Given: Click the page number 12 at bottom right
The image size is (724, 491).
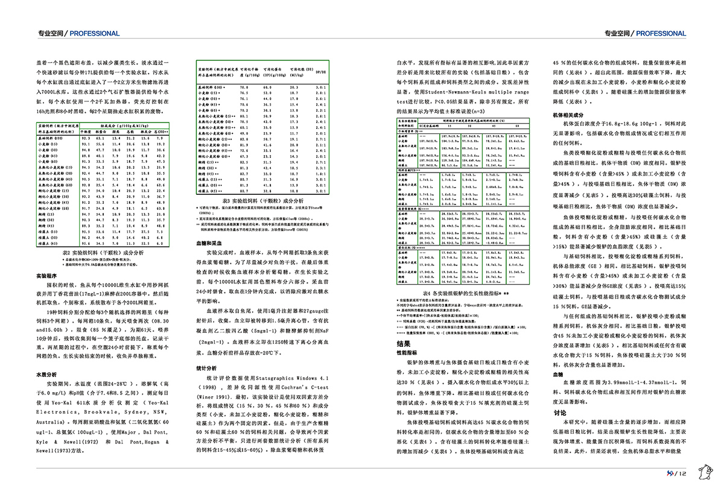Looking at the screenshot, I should pyautogui.click(x=683, y=473).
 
